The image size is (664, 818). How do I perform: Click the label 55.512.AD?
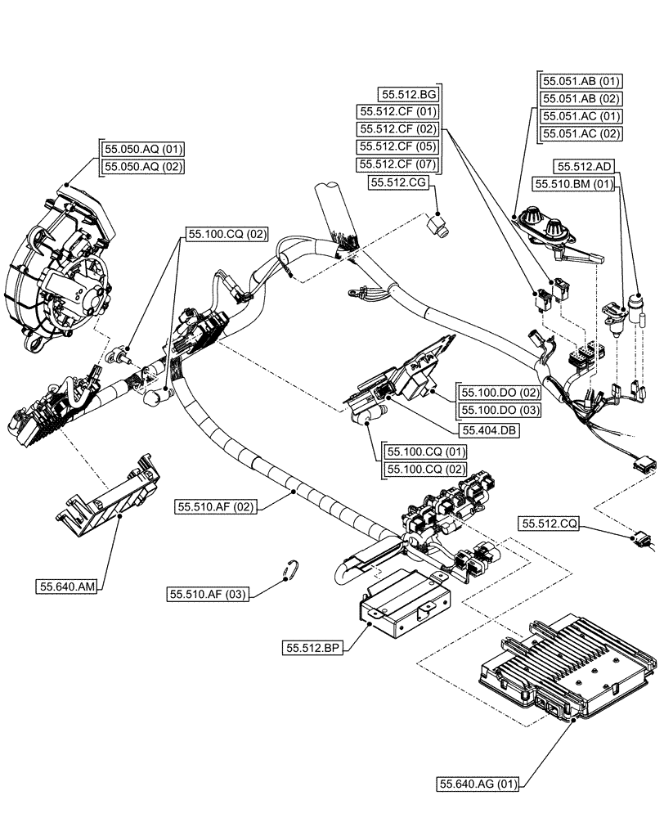point(583,166)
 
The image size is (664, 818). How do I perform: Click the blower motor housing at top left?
point(57,270)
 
